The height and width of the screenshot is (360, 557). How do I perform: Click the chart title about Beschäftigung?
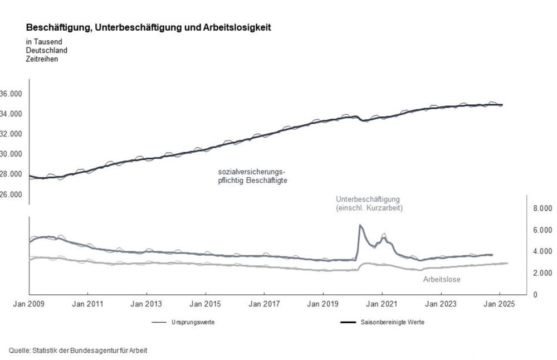[148, 27]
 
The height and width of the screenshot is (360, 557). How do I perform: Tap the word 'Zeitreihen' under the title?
[42, 59]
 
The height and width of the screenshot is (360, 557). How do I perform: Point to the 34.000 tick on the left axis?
[11, 114]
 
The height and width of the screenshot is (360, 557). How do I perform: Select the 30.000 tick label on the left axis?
[11, 154]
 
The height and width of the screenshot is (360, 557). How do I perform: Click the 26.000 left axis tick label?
[11, 194]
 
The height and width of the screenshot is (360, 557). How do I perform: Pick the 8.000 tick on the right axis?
[542, 208]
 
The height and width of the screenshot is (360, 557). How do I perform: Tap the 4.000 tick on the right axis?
[542, 251]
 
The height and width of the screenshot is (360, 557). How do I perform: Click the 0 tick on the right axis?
[536, 294]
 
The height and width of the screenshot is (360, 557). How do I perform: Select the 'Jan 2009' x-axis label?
[29, 304]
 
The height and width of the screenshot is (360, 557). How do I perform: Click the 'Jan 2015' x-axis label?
[206, 304]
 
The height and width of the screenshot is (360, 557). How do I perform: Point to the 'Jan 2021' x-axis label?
[382, 304]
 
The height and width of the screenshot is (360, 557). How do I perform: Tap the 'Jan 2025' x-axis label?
[500, 304]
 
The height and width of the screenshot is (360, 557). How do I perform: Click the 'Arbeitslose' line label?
[442, 280]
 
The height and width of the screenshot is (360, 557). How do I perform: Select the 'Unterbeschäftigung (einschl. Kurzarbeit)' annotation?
[369, 203]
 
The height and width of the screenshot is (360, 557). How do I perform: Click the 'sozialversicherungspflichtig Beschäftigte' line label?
[252, 177]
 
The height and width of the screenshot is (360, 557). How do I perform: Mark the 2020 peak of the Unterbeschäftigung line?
[360, 225]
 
